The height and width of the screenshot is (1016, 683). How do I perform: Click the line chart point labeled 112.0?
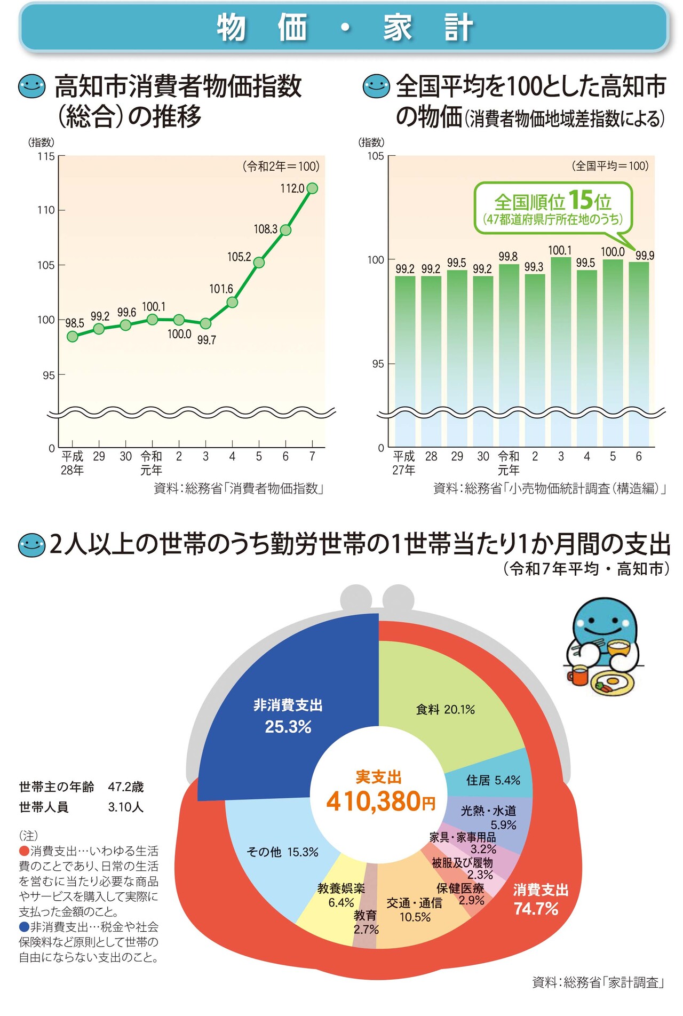[312, 188]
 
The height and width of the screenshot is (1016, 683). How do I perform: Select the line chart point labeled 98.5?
[73, 336]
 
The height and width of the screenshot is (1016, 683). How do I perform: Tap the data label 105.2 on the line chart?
[239, 257]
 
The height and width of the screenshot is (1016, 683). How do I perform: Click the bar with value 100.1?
[560, 347]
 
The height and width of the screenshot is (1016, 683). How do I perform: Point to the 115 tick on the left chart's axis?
[46, 156]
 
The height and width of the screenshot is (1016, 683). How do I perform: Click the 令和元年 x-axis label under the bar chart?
[508, 463]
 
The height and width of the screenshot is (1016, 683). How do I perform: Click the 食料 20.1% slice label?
[445, 709]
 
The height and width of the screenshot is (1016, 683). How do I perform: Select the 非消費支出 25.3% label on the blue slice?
[288, 716]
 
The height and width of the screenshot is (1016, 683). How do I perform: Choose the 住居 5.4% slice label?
[493, 780]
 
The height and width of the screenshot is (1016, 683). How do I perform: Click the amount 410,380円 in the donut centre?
[380, 801]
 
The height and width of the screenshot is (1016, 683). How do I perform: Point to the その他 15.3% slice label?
[282, 852]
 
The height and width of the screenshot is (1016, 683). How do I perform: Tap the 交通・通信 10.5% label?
[415, 910]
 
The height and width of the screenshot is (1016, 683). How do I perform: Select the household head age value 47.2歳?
[126, 787]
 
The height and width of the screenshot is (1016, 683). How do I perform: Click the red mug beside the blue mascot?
[577, 675]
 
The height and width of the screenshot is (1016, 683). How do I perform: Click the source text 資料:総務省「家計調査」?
[598, 982]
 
